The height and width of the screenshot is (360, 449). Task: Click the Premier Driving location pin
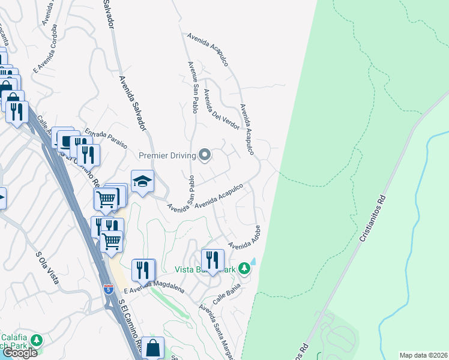pos(205,155)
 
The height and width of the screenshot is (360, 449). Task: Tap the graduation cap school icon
pos(142,181)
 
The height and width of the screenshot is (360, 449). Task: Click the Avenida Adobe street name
pos(246,238)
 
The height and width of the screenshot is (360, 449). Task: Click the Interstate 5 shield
pos(108,289)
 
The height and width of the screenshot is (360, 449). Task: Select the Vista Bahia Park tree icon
pos(244,268)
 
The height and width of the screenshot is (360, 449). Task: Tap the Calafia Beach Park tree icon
pos(37,340)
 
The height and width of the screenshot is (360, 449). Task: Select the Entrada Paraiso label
pos(106,137)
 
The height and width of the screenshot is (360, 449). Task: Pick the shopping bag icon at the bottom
pos(152,347)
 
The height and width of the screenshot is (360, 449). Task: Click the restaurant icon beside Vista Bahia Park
pos(212,260)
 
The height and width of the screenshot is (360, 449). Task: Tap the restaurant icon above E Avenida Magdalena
pos(143,269)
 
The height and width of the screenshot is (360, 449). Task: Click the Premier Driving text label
pos(167,155)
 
